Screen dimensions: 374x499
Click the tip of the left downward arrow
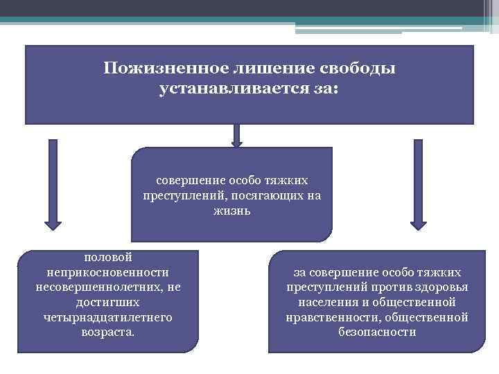(53, 226)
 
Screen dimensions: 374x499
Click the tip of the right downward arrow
(417, 226)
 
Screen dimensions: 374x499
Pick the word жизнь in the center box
(232, 211)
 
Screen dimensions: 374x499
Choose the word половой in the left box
(109, 258)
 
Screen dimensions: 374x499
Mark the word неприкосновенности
(109, 272)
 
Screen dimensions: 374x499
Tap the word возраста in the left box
(107, 332)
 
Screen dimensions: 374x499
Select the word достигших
(109, 302)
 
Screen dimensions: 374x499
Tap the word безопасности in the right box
(377, 332)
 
